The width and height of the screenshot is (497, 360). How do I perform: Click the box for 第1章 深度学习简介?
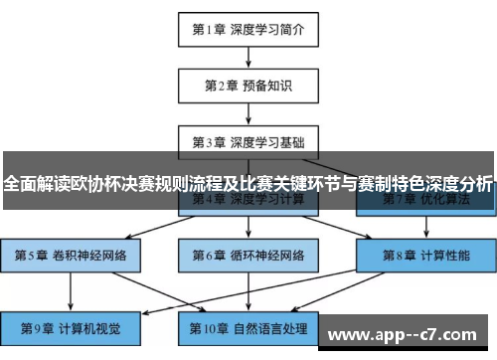tap(248, 29)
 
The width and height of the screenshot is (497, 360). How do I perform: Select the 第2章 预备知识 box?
tap(248, 85)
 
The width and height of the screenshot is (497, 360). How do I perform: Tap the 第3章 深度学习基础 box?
tap(248, 141)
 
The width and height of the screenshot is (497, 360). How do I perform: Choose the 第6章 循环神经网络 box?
tap(248, 254)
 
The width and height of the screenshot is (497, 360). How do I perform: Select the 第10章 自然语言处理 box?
tap(248, 327)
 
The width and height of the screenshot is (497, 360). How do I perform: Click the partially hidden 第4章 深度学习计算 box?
tap(248, 201)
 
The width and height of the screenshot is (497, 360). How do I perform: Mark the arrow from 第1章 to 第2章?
tap(248, 57)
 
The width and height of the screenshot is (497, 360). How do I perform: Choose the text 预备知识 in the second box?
tap(266, 85)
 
